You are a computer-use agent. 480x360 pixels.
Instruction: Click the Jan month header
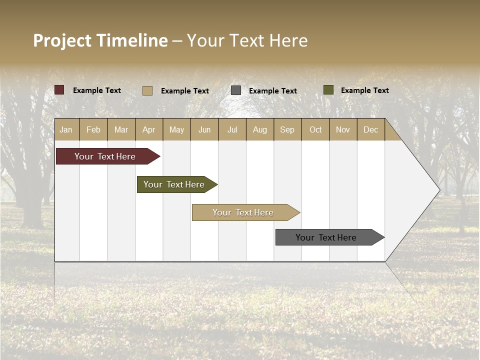[66, 130]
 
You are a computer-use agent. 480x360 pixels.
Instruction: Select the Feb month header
[93, 130]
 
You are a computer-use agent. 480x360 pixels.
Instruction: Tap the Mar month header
[121, 130]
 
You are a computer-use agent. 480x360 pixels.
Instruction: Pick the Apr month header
[149, 130]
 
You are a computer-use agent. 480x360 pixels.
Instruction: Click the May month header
[176, 130]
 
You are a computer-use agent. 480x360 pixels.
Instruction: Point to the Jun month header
[204, 130]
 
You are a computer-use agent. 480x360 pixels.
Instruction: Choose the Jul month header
[232, 130]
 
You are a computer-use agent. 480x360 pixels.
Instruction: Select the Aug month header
[260, 130]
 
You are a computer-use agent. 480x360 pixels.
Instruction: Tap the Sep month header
[287, 130]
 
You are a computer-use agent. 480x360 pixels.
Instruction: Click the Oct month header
[315, 130]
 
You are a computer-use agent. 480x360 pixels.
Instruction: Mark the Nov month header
[343, 130]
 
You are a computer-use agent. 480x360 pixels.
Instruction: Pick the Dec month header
[370, 130]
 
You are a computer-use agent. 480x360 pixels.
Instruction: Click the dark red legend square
[59, 90]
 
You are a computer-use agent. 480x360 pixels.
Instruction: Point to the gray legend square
[236, 90]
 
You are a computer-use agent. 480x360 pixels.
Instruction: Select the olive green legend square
[328, 90]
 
